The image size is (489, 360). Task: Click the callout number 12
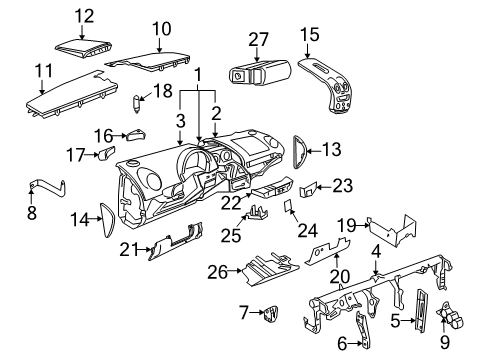[x=84, y=16]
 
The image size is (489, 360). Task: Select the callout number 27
[x=258, y=40]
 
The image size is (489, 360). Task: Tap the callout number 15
[x=310, y=35]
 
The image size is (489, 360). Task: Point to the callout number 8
[x=32, y=213]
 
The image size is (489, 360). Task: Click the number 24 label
[x=307, y=230]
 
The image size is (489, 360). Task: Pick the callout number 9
[x=445, y=342]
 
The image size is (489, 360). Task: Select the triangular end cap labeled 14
[x=107, y=220]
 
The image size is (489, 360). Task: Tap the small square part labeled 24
[x=288, y=205]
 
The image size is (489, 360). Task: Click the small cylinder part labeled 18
[x=136, y=104]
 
